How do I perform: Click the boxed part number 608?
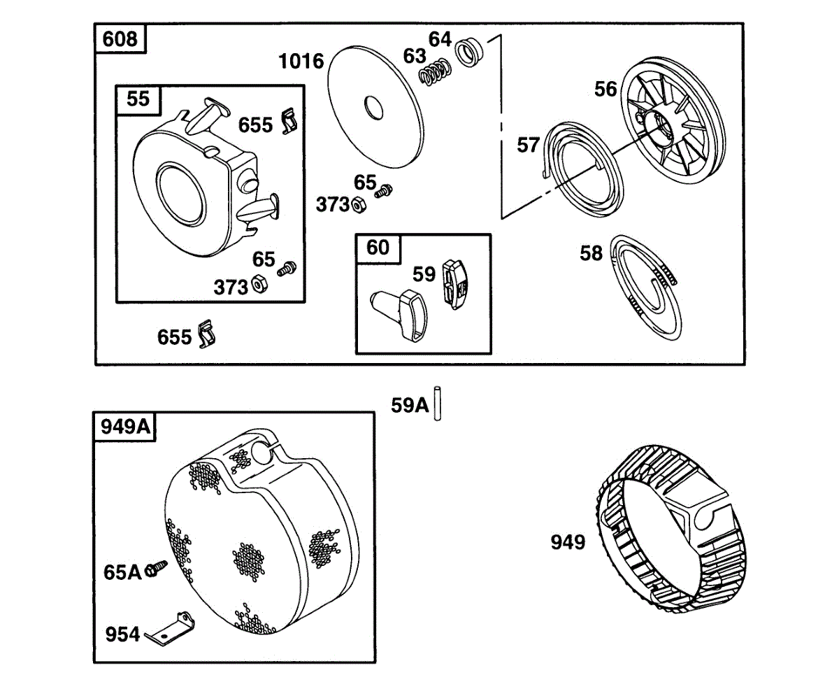[x=120, y=38]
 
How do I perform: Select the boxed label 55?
[x=138, y=99]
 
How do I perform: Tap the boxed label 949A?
[x=126, y=426]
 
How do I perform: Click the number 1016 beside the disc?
[x=301, y=62]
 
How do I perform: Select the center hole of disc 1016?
[x=373, y=109]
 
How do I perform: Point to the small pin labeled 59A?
[x=438, y=404]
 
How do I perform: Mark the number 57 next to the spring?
[x=528, y=145]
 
